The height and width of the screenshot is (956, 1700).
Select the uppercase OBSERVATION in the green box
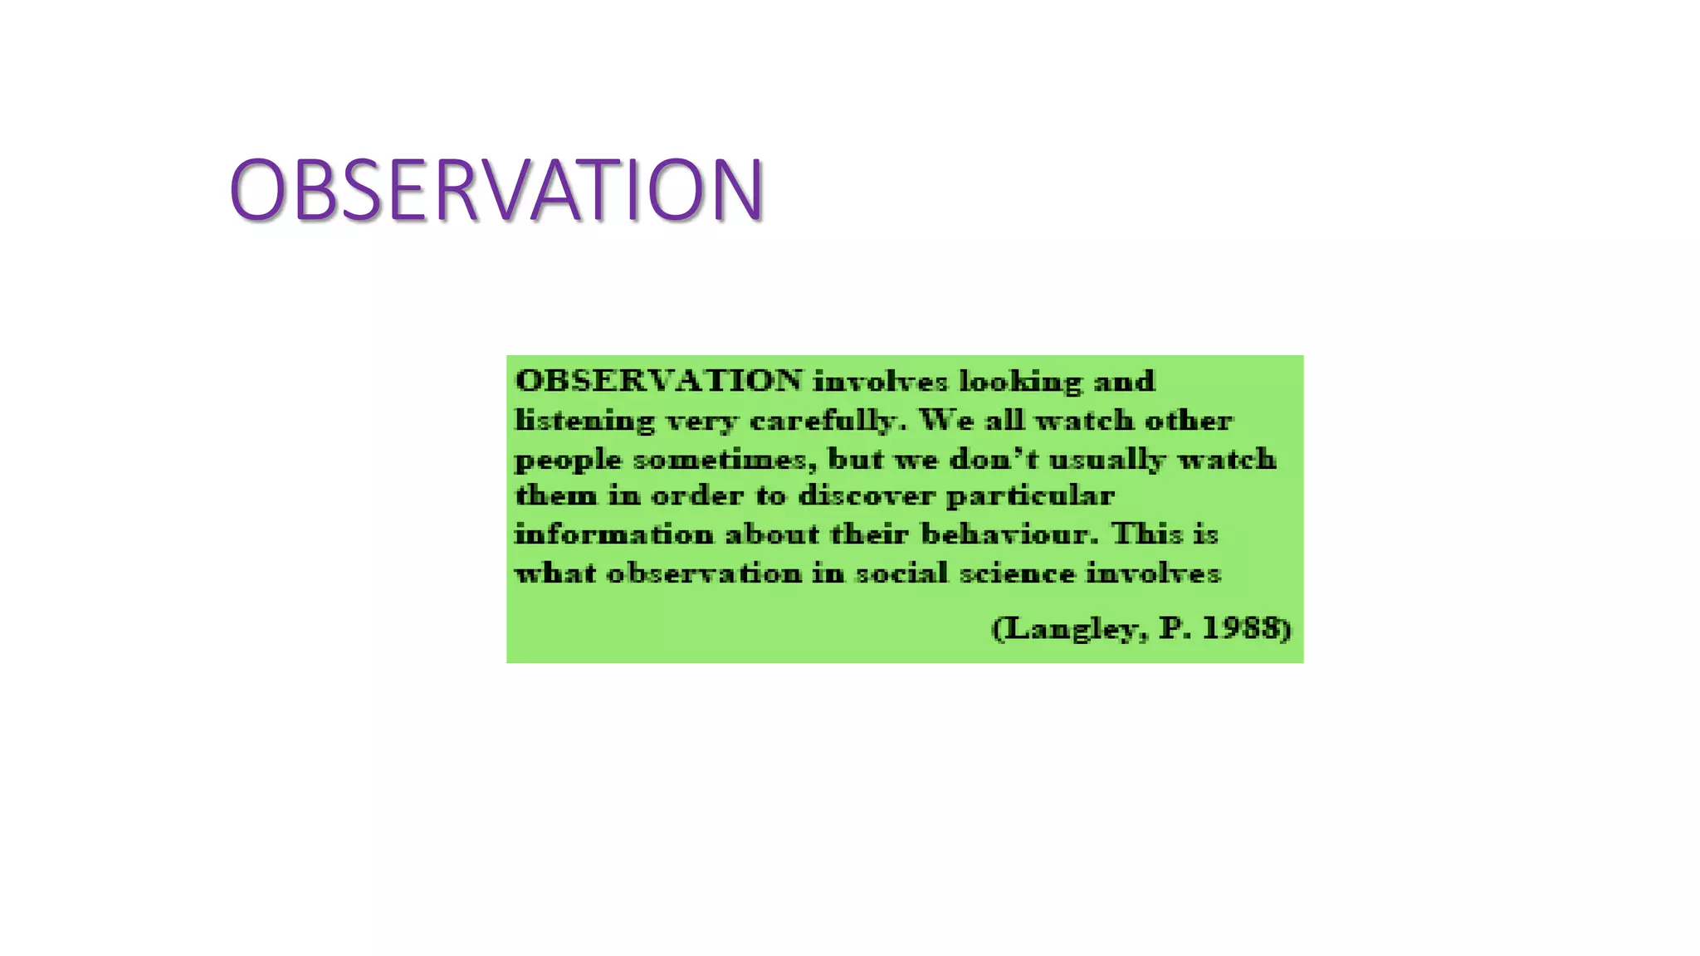659,381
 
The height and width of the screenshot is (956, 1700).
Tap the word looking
1021,382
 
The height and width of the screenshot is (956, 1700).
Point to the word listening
585,422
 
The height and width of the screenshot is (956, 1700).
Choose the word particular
1030,497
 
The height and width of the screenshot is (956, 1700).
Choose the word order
696,496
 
